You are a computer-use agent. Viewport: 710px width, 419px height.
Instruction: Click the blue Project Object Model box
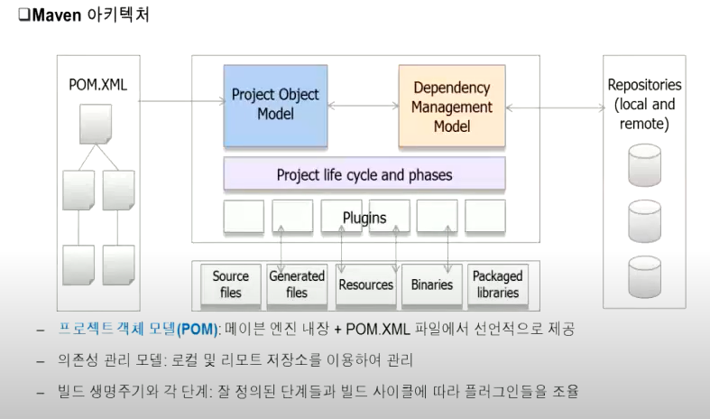click(275, 105)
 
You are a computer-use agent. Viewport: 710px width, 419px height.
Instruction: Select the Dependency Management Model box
click(452, 107)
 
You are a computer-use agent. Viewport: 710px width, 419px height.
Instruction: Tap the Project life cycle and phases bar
click(364, 174)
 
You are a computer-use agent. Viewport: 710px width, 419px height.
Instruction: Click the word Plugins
click(364, 218)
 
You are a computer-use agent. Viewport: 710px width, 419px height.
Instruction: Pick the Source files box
click(230, 284)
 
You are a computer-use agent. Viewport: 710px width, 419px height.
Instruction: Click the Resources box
click(365, 284)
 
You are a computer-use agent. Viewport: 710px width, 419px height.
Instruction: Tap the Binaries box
click(431, 284)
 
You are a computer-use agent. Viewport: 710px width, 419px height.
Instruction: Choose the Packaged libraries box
click(496, 284)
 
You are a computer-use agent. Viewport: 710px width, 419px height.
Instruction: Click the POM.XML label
click(98, 85)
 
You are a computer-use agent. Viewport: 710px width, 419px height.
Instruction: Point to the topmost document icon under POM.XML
click(96, 125)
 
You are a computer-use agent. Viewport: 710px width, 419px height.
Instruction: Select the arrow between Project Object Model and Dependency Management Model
click(363, 107)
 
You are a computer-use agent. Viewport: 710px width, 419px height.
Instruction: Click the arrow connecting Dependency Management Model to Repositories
click(555, 107)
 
